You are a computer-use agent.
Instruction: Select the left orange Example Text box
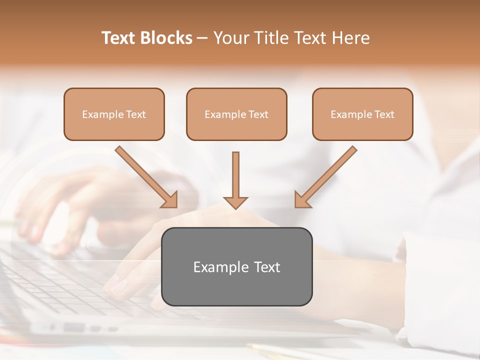(x=114, y=114)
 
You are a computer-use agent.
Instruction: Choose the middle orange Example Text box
(x=236, y=114)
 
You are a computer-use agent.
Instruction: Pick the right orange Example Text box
(x=362, y=114)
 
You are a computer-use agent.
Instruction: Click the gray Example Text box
(x=236, y=266)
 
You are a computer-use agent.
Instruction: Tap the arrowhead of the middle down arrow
(x=235, y=202)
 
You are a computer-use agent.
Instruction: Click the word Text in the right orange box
(x=384, y=114)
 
